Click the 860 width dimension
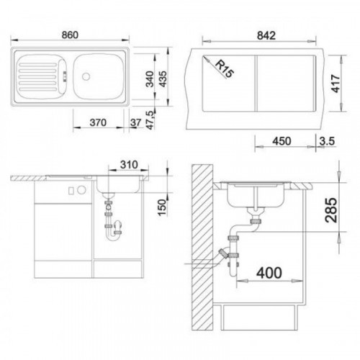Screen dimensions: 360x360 click(x=70, y=35)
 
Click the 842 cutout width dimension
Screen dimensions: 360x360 click(x=266, y=36)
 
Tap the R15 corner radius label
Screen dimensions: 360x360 click(x=224, y=68)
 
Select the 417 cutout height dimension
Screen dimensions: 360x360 click(x=336, y=84)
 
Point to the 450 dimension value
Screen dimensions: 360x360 click(x=282, y=141)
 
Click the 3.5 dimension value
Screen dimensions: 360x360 click(x=327, y=141)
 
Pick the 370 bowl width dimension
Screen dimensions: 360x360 click(x=98, y=122)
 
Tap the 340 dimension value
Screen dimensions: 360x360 click(x=150, y=79)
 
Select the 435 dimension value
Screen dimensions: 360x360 click(x=163, y=79)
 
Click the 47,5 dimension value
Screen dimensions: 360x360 click(x=150, y=120)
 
